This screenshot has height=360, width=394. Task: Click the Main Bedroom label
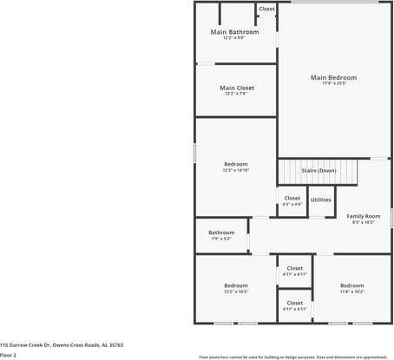point(333,77)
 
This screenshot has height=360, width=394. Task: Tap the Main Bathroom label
point(234,32)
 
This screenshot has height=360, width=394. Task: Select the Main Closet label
point(236,88)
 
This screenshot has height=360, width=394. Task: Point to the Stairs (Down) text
point(318,170)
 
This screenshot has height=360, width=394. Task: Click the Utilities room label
point(320,200)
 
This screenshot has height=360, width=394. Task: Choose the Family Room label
point(364,215)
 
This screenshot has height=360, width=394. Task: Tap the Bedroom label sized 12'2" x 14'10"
point(236,164)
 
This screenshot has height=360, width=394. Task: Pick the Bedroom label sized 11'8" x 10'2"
point(351,285)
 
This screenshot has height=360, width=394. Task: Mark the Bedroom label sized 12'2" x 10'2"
point(236,285)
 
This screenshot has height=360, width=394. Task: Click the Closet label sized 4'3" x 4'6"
point(292,198)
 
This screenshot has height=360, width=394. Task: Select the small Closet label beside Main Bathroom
point(266,9)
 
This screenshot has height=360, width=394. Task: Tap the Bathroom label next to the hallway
point(221,232)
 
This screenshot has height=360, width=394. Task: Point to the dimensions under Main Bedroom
point(333,83)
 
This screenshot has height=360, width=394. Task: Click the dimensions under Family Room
point(364,222)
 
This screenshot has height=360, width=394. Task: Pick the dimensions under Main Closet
point(236,94)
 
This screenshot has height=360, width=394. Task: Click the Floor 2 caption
point(9,355)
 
